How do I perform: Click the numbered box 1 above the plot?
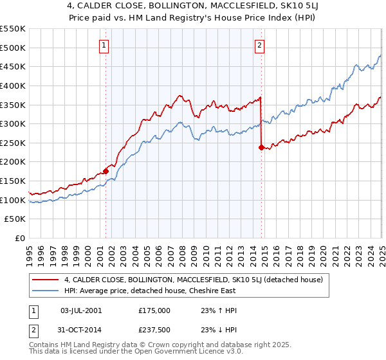click(104, 45)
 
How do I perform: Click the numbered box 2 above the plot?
click(259, 45)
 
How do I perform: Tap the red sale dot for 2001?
click(106, 171)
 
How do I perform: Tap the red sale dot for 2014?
click(261, 147)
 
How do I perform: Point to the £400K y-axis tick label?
click(12, 85)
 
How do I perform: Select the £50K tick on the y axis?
click(15, 219)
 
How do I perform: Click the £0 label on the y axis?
click(21, 239)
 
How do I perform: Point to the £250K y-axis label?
click(12, 143)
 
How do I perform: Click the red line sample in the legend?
click(46, 280)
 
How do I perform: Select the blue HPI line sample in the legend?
click(46, 291)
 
